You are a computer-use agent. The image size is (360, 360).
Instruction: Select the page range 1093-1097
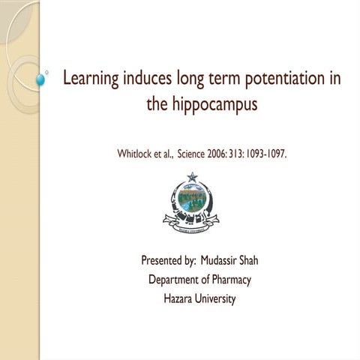(265, 154)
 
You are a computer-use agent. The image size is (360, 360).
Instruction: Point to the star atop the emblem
(191, 177)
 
